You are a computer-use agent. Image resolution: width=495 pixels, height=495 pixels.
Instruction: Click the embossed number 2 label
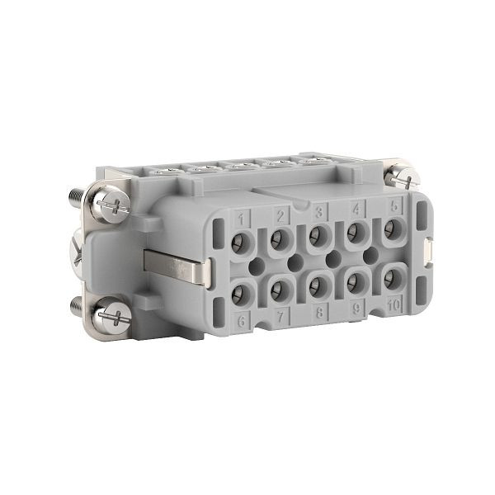pos(280,216)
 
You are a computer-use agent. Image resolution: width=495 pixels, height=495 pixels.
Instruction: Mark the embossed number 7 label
pos(280,316)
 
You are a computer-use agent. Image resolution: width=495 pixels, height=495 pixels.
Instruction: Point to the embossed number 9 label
pos(356,310)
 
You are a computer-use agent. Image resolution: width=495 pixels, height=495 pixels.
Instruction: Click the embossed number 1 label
pos(242,219)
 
